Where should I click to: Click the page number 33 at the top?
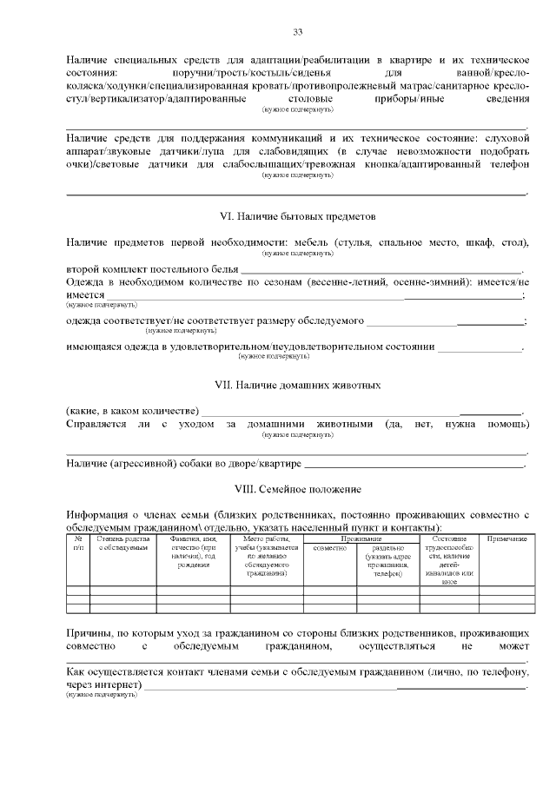pyautogui.click(x=297, y=32)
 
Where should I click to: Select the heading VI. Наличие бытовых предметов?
pyautogui.click(x=297, y=215)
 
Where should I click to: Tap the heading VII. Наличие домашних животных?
pyautogui.click(x=297, y=384)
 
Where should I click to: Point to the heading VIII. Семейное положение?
pyautogui.click(x=297, y=488)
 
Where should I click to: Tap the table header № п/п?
pyautogui.click(x=78, y=545)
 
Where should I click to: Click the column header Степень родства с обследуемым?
pyautogui.click(x=122, y=545)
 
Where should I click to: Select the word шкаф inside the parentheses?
pyautogui.click(x=485, y=241)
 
